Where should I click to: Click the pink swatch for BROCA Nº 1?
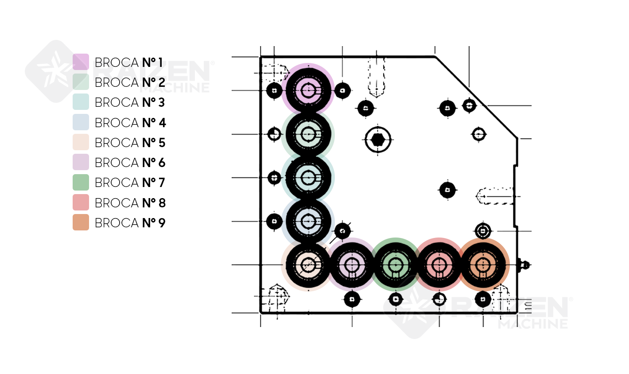point(81,62)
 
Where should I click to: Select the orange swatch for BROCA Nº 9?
point(81,222)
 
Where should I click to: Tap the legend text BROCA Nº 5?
point(130,143)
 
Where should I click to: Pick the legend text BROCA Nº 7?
point(130,183)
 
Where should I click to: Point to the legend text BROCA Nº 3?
point(130,102)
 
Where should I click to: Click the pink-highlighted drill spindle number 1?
point(308,90)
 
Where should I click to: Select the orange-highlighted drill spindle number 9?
point(483,265)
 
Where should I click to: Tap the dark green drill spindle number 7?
point(395,265)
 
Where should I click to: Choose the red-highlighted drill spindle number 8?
point(439,265)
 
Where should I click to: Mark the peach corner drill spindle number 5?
point(308,265)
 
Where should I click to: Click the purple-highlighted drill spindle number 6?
point(352,265)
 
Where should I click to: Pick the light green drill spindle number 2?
point(308,134)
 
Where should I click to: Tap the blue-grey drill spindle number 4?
point(308,221)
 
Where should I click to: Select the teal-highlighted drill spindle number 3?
point(308,177)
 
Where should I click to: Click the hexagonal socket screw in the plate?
point(378,140)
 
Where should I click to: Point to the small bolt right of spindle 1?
point(342,91)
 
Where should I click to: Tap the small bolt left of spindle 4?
point(275,221)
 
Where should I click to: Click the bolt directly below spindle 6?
point(352,300)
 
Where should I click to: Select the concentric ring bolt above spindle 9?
point(483,231)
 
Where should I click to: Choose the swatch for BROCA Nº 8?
point(81,203)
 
